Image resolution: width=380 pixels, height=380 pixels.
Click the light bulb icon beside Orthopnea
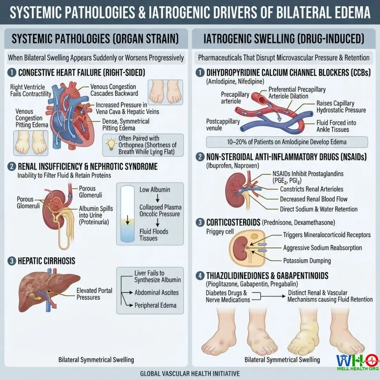[111, 145]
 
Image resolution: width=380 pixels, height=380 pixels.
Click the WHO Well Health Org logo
[358, 362]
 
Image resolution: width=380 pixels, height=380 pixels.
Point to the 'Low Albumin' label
[154, 190]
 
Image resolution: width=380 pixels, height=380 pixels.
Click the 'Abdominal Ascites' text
[157, 292]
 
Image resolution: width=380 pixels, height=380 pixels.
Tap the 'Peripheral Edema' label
[156, 305]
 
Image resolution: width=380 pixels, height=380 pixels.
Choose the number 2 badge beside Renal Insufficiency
[12, 166]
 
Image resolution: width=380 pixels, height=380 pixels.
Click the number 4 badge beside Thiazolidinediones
[200, 275]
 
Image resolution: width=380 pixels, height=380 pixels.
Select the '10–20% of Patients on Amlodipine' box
[287, 142]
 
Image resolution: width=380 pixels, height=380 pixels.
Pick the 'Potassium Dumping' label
[307, 261]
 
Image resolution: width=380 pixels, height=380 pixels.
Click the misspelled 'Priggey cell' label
[220, 232]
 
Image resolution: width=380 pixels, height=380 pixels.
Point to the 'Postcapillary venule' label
[223, 125]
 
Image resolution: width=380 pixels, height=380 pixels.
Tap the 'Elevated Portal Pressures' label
[94, 294]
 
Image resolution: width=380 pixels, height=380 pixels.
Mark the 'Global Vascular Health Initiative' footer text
[190, 374]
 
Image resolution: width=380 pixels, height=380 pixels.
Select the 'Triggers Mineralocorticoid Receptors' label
[327, 235]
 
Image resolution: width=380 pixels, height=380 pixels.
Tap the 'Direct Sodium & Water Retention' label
[319, 209]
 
